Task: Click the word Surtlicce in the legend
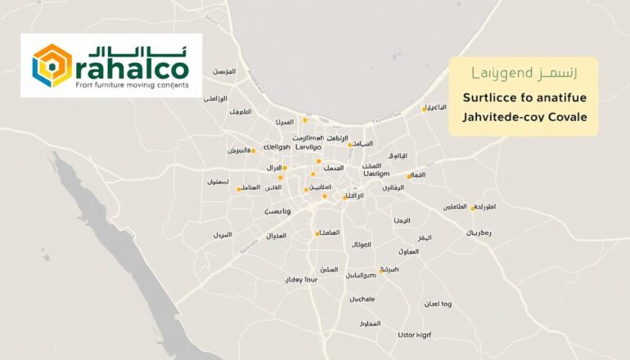[x=489, y=98]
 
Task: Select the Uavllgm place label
[x=376, y=173]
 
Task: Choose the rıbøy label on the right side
[x=479, y=233]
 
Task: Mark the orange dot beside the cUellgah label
[x=253, y=151]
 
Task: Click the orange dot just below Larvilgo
[x=318, y=161]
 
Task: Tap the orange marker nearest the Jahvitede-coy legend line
[x=424, y=109]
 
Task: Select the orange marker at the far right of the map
[x=473, y=208]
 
